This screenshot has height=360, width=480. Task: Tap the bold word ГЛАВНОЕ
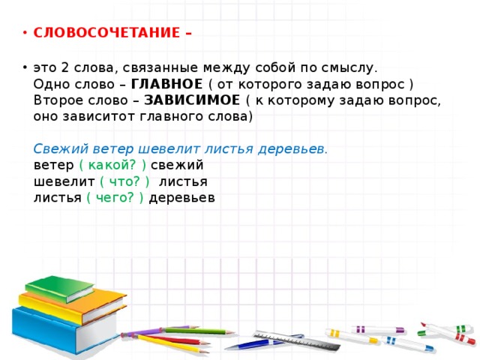(166, 83)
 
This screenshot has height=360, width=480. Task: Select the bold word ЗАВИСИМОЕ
(192, 100)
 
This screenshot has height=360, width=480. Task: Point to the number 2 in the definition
(64, 67)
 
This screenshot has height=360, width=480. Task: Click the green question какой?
(112, 165)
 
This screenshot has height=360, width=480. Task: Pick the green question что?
(124, 181)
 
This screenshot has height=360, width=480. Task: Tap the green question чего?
(115, 198)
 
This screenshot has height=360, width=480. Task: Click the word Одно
(52, 83)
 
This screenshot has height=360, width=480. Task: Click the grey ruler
(297, 340)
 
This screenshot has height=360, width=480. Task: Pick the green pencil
(199, 331)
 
